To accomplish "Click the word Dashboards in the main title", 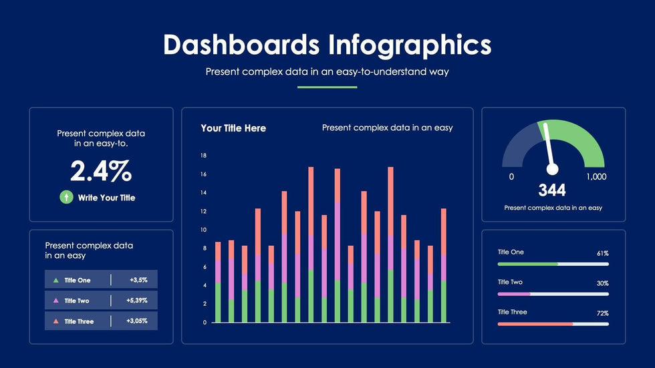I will pos(241,45).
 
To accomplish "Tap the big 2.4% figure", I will pos(101,172).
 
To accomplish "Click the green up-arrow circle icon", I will pos(66,197).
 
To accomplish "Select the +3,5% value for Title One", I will pos(138,280).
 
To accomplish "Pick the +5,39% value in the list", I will pos(137,301).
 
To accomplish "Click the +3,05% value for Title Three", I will pos(137,321).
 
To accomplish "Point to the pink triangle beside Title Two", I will pos(55,301).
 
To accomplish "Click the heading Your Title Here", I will pos(233,128).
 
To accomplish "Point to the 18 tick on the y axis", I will pos(203,156).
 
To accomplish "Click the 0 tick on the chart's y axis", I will pos(204,322).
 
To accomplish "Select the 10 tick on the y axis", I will pos(203,230).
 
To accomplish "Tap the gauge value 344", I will pos(552,191).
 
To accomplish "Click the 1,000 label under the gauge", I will pos(596,176).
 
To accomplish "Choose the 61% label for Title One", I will pos(602,254).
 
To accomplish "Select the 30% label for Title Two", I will pos(602,284).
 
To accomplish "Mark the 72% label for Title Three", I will pos(602,313).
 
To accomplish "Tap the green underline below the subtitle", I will pos(327,87).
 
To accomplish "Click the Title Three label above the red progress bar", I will pos(512,312).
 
